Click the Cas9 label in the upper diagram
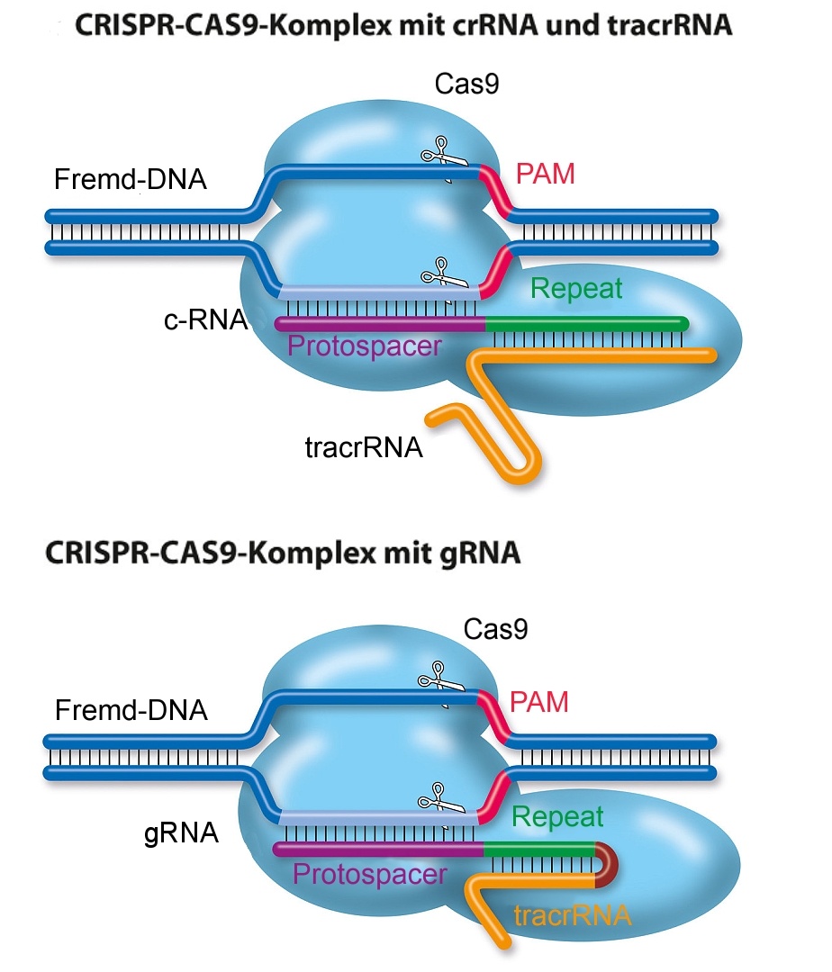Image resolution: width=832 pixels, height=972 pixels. (466, 85)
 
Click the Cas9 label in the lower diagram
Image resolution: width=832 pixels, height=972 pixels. (495, 629)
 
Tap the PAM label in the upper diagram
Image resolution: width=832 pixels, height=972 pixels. (545, 174)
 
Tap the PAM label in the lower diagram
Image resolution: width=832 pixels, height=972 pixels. (539, 701)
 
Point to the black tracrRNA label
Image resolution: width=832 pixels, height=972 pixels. (363, 446)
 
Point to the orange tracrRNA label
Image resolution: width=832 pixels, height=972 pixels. (572, 916)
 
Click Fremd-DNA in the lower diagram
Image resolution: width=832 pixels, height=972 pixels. (131, 711)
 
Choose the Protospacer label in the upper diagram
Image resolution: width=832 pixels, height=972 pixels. (365, 345)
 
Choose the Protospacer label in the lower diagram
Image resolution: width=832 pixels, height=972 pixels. (370, 873)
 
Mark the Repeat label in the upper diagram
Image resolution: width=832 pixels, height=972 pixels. (576, 288)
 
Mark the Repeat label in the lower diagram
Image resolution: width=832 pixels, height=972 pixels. (557, 816)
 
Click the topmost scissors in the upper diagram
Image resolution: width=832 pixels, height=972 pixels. (439, 150)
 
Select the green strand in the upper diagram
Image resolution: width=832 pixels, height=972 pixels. (585, 323)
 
